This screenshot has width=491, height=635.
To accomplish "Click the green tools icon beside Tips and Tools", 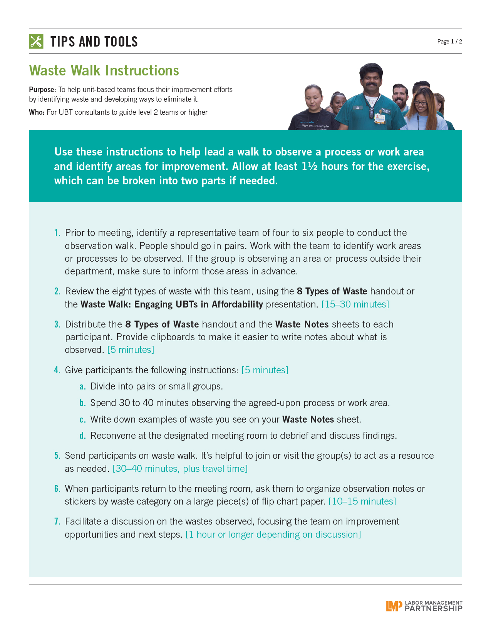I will click(x=36, y=42).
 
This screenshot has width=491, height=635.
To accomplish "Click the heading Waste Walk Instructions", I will click(x=104, y=71).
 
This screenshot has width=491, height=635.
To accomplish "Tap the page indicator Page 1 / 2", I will click(x=449, y=42).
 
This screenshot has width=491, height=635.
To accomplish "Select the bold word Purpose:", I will click(x=42, y=90).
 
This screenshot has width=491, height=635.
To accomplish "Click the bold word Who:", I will click(x=37, y=112).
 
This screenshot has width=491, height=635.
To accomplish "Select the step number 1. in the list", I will click(x=57, y=233).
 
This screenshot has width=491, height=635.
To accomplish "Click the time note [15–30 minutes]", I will click(x=355, y=304).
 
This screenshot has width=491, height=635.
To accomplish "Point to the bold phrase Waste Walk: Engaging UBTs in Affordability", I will click(x=171, y=304).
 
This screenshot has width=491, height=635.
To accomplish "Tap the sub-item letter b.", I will click(x=82, y=403).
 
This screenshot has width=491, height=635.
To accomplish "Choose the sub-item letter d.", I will click(x=82, y=436).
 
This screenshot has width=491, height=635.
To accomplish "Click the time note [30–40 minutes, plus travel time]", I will click(x=180, y=469).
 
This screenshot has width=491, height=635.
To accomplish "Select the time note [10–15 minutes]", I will click(x=362, y=501).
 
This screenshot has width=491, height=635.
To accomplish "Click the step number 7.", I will click(x=57, y=521).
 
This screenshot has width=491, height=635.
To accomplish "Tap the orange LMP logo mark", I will click(x=394, y=606).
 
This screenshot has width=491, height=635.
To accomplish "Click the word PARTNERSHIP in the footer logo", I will click(x=433, y=609).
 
